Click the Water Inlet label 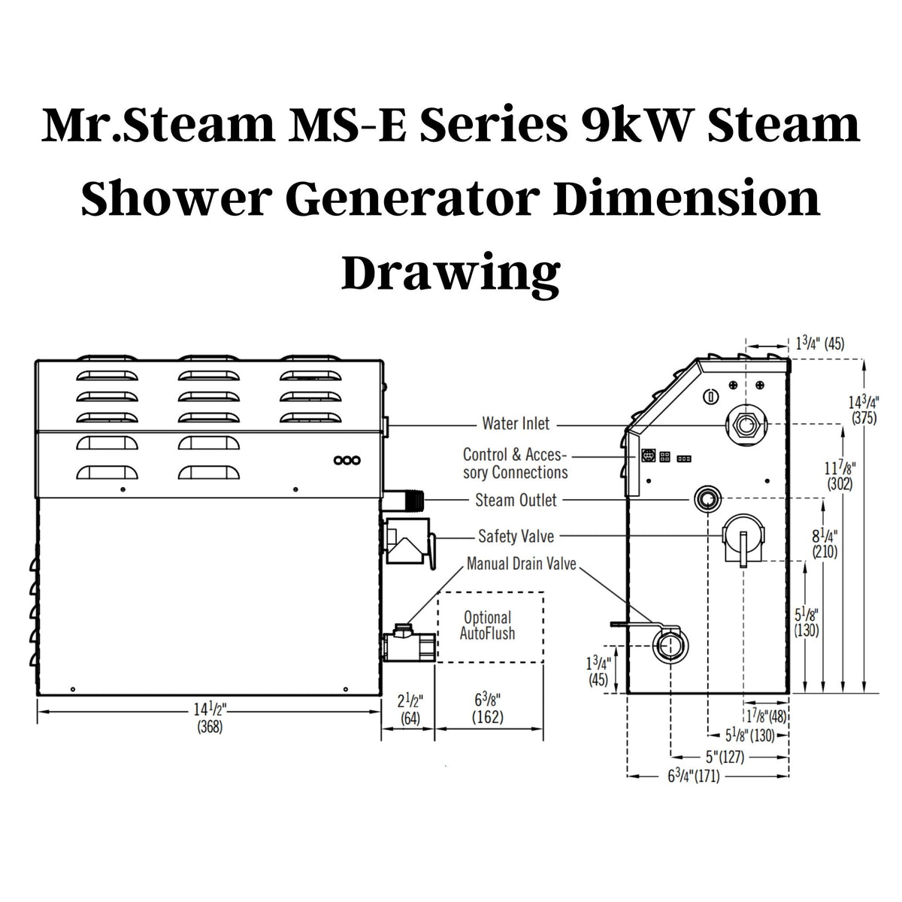[516, 424]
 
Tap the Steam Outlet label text [516, 500]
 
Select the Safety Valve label [516, 537]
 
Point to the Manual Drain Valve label [522, 564]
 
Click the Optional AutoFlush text [487, 625]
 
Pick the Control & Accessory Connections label [515, 463]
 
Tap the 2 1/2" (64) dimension [410, 709]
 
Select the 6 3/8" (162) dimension [488, 708]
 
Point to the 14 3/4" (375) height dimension [864, 410]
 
